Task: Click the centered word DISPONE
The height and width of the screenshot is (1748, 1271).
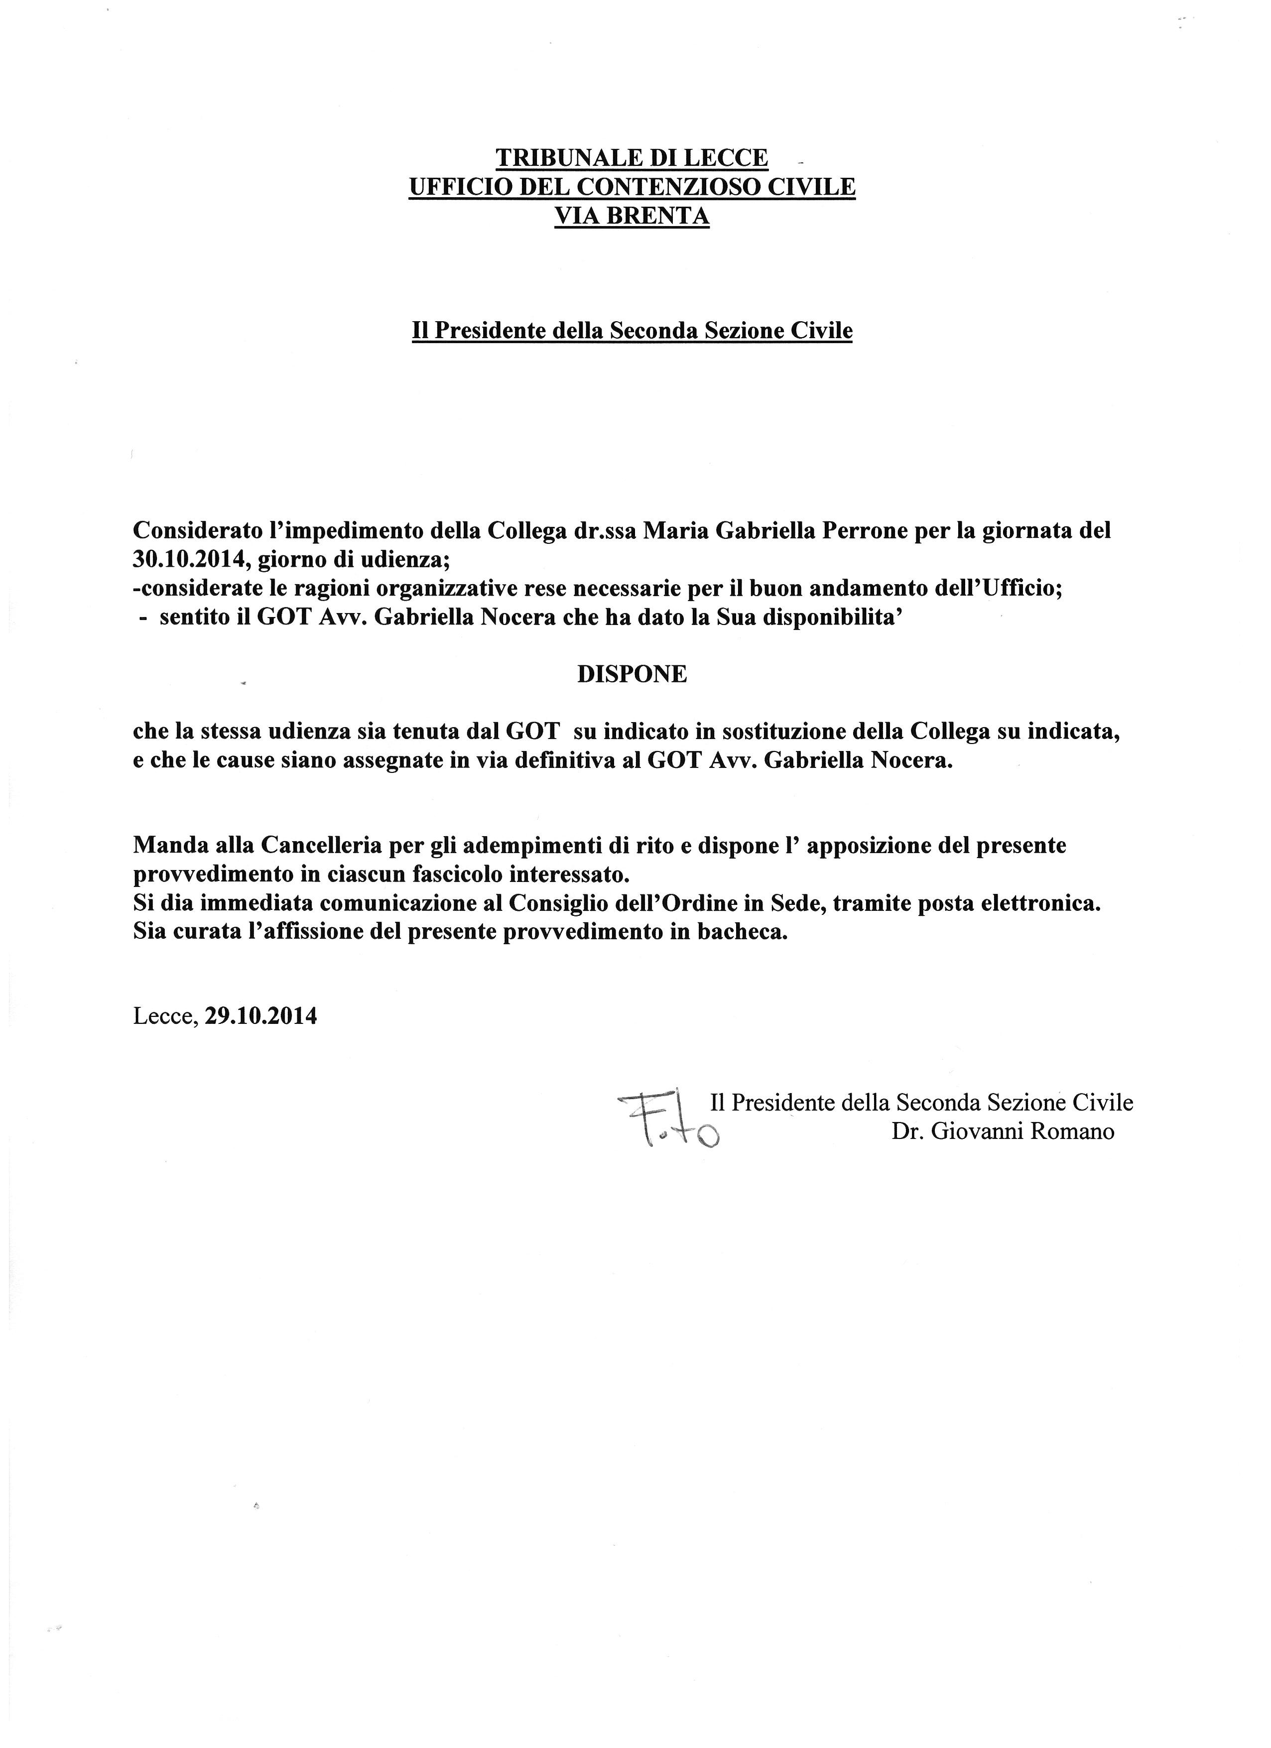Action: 632,674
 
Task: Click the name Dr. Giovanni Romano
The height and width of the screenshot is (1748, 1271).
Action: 1003,1131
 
